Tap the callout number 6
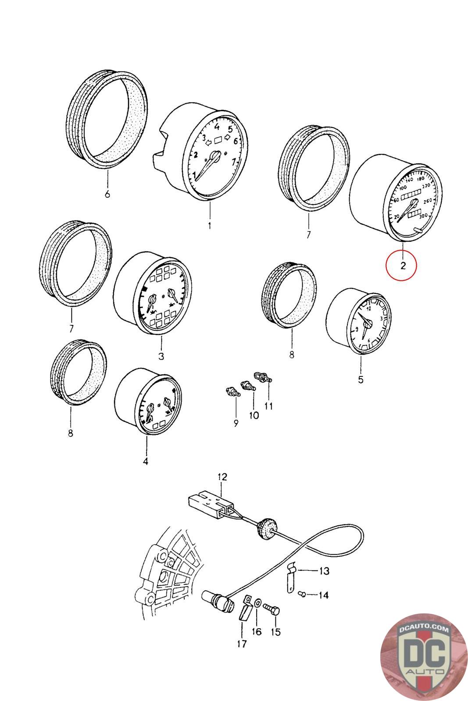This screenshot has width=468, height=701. [107, 194]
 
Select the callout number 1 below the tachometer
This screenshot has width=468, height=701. [210, 226]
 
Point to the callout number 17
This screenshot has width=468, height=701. [242, 644]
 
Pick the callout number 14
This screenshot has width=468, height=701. [323, 595]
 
